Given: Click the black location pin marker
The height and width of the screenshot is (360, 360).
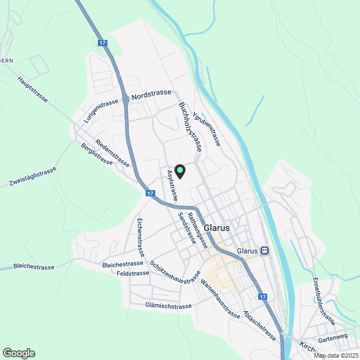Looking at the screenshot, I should coord(180,170).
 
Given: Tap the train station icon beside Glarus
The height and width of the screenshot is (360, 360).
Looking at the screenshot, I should coord(265,250).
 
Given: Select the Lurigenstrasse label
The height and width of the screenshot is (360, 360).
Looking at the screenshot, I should coord(101,111).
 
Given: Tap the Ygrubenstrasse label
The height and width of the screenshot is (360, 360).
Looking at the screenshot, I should coord(206,129).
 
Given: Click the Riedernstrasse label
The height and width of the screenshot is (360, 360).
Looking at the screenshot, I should coord(113,154).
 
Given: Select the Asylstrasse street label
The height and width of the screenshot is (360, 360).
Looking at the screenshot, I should coord(172,185).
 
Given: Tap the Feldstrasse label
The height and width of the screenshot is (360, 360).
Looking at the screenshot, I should coord(133,273).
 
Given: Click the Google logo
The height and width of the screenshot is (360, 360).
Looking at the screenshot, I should coord(19,353).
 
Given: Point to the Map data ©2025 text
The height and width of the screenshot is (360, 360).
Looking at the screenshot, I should coord(336,355).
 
